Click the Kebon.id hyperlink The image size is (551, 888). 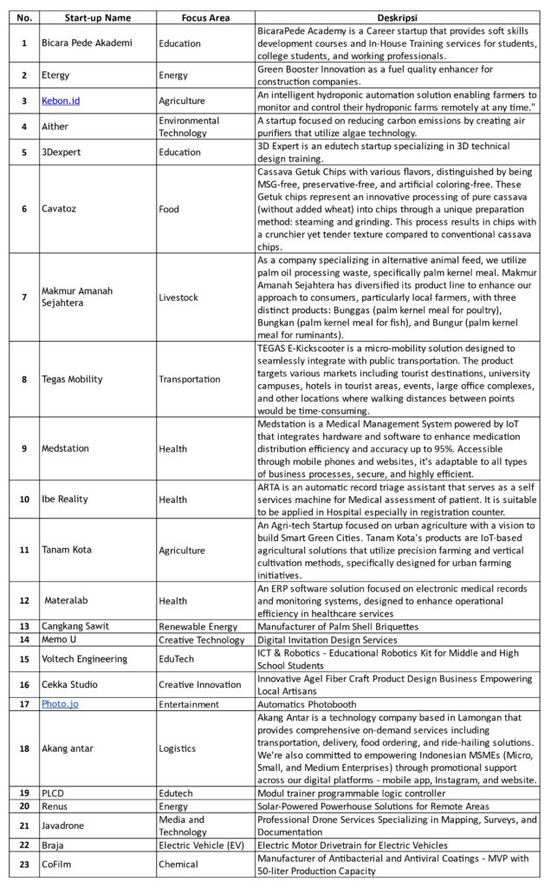[61, 101]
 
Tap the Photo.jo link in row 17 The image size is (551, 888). [60, 704]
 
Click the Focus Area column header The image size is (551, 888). [205, 17]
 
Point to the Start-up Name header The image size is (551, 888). [98, 17]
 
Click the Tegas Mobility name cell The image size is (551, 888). [72, 379]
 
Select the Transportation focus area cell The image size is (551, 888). [190, 379]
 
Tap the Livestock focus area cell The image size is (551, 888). [178, 297]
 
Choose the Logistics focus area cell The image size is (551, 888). [178, 748]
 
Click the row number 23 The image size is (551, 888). [23, 864]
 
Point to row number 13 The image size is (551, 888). [23, 626]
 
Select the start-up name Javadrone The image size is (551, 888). [63, 826]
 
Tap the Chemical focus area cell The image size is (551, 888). [178, 864]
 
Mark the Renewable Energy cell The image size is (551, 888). [200, 626]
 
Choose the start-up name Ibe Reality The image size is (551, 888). [65, 499]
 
